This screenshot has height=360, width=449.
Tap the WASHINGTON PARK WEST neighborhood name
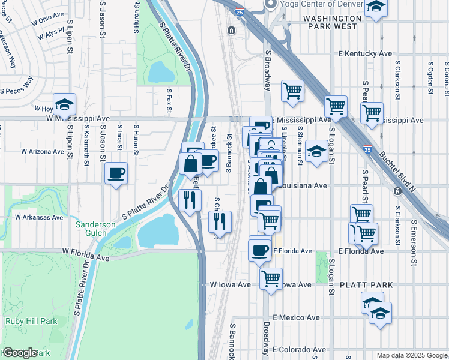point(333,19)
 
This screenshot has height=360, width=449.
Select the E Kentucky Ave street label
point(365,54)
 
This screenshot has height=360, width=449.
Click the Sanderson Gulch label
point(95,229)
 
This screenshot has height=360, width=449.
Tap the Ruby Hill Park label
point(31,321)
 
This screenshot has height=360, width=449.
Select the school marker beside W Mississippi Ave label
point(64,104)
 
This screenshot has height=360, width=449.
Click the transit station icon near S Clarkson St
point(397,191)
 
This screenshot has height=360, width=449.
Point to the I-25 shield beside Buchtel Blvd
point(367,148)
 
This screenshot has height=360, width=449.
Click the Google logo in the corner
point(19,353)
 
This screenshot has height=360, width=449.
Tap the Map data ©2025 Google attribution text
point(412,355)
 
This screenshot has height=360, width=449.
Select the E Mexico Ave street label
point(296,317)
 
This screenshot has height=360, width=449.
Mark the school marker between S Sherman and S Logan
point(316,151)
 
